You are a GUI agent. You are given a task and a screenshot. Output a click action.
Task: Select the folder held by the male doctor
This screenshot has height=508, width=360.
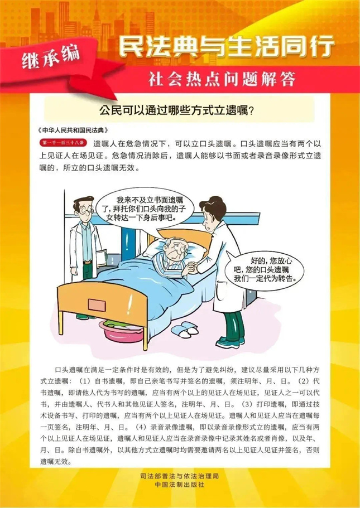pos(100,262)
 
